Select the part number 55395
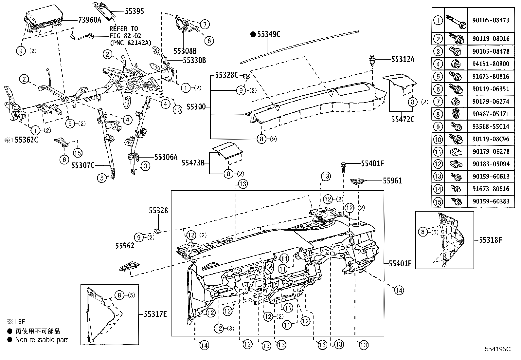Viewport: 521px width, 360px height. [134, 11]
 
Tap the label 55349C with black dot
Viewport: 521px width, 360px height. [265, 34]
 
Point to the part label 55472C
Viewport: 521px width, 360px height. [403, 119]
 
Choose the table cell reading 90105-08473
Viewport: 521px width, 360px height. [491, 20]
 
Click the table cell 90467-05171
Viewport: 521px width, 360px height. [491, 114]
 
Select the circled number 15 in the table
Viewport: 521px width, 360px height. [438, 201]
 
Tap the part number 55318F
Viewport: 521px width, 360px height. [490, 240]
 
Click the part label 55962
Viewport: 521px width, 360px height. [125, 245]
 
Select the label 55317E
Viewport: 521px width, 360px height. [155, 314]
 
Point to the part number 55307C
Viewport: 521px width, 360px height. [83, 165]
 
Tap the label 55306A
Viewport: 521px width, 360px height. [166, 157]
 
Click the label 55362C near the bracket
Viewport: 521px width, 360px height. [27, 140]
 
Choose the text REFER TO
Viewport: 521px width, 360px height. [124, 29]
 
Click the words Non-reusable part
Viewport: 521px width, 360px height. [42, 340]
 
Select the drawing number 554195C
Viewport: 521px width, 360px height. [498, 349]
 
